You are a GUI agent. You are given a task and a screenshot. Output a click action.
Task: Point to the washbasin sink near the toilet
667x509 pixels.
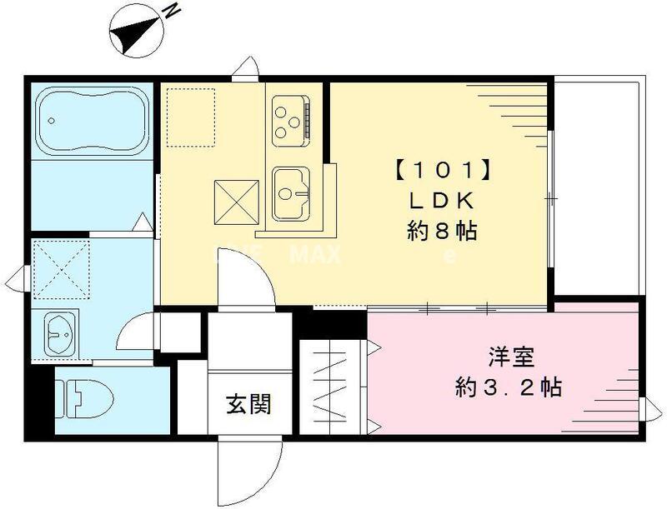(x=58, y=334)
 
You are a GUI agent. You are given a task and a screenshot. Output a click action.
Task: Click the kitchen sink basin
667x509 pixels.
(x=290, y=192)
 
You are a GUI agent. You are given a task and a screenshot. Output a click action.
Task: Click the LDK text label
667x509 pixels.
(x=442, y=201)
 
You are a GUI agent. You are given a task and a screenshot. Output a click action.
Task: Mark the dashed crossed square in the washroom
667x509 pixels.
(x=61, y=267)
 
